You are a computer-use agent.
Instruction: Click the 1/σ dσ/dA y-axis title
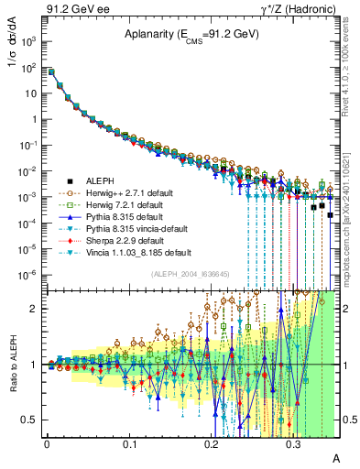pos(18,65)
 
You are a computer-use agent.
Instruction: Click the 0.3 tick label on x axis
pos(293,443)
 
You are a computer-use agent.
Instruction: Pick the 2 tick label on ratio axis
pos(36,309)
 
